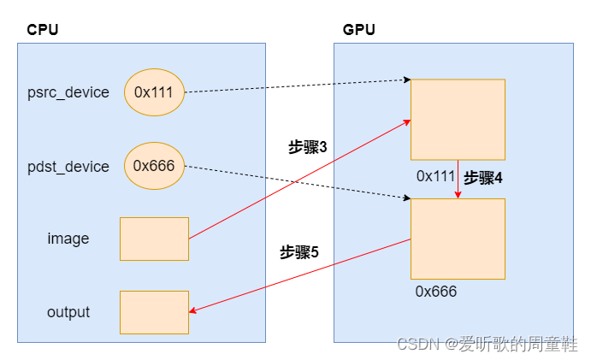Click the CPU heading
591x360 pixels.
click(43, 30)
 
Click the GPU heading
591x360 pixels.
click(359, 30)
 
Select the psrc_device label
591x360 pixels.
click(68, 92)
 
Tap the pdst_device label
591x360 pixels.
click(68, 167)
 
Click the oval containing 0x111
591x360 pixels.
click(155, 92)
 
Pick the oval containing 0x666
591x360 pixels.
click(155, 166)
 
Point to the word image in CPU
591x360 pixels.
click(68, 239)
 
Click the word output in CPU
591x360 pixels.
click(68, 312)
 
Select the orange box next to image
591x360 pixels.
click(154, 239)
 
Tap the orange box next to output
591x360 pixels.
click(154, 312)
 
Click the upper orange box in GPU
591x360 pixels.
click(458, 119)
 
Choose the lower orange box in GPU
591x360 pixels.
click(458, 239)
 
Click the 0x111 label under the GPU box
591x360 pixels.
click(435, 175)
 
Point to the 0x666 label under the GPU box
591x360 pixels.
click(436, 292)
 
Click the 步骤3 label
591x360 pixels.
click(308, 147)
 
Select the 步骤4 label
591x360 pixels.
click(483, 178)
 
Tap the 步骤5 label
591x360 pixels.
click(299, 252)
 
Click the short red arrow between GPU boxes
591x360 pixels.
click(458, 180)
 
